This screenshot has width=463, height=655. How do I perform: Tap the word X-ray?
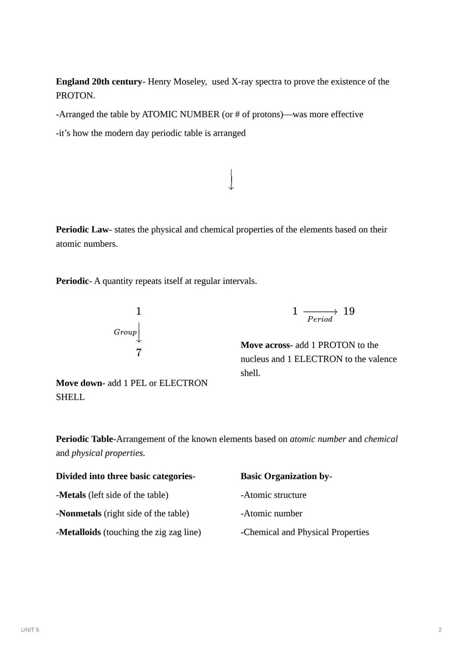[x=242, y=81]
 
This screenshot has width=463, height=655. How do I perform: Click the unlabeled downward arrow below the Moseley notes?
[x=231, y=179]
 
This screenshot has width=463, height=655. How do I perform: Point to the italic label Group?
[x=125, y=332]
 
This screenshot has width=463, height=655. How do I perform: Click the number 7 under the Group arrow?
[x=138, y=353]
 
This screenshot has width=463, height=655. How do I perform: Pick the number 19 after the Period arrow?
[x=349, y=311]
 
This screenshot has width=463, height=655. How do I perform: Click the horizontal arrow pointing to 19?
[x=320, y=311]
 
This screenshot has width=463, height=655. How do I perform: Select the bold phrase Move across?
[x=266, y=345]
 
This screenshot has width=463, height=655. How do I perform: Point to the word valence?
[x=382, y=359]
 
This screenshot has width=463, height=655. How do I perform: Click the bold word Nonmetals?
[x=80, y=513]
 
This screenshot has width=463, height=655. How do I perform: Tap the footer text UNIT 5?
[x=30, y=630]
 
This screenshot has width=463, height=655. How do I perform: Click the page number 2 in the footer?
[x=440, y=630]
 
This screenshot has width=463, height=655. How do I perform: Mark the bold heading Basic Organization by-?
[x=286, y=476]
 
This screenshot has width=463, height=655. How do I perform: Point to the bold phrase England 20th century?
[x=99, y=81]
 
